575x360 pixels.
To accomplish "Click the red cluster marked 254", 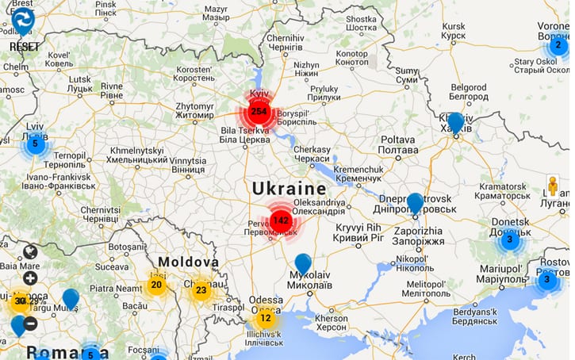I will [258, 111].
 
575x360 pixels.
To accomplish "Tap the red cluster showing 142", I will [280, 220].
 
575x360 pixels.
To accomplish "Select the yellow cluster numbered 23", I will [201, 290].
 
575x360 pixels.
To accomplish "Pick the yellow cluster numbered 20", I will [156, 285].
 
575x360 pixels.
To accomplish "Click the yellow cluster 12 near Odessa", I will [266, 319].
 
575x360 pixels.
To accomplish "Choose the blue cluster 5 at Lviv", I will [35, 144].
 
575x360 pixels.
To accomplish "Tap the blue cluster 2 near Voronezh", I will [558, 45].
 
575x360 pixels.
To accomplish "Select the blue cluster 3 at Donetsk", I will [510, 239].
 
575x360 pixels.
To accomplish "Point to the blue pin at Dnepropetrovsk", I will [415, 203].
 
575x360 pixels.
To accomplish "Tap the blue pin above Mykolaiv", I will [303, 263].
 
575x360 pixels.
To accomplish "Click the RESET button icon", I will [24, 21].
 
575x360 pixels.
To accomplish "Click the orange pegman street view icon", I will [553, 186].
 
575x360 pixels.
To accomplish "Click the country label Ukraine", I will [289, 188].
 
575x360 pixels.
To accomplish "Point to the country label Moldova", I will [187, 262].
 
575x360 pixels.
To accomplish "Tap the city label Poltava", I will [397, 144].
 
